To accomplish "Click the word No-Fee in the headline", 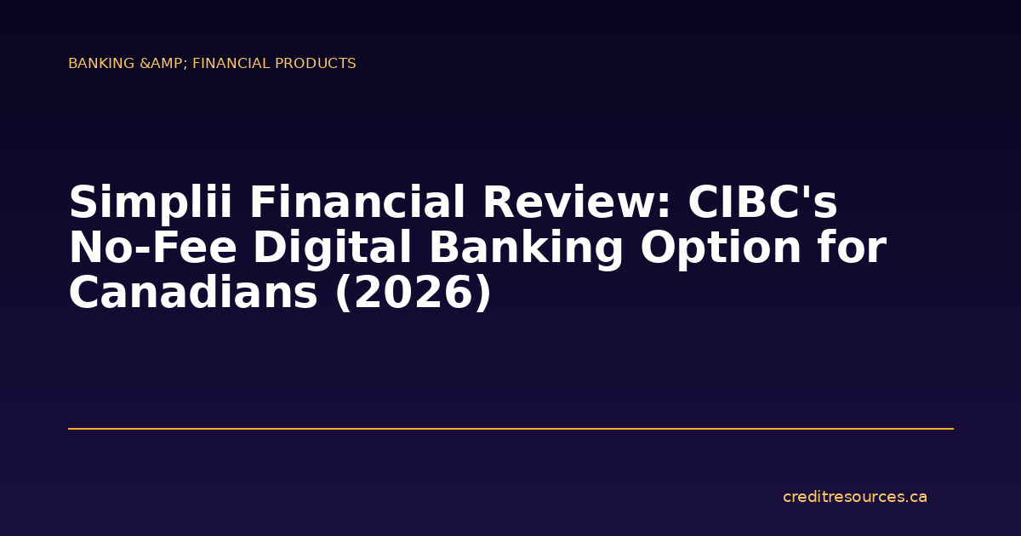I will tap(153, 248).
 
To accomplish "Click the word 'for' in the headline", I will tap(854, 248).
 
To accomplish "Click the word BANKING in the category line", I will tap(102, 64).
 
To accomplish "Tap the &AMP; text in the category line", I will tap(164, 64).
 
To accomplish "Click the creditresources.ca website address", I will tap(854, 497).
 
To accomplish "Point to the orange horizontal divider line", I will tap(510, 429).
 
